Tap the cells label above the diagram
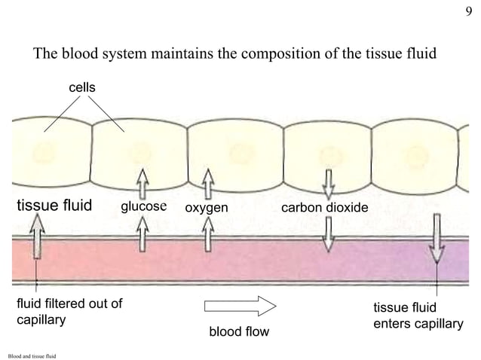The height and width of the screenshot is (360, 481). click(83, 88)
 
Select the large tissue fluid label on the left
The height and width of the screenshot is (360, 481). click(54, 206)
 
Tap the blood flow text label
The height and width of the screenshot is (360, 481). click(238, 331)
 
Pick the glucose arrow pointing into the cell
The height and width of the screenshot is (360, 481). click(142, 183)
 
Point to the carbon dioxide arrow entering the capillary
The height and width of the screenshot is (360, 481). click(328, 235)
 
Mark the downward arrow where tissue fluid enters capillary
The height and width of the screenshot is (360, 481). click(437, 239)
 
